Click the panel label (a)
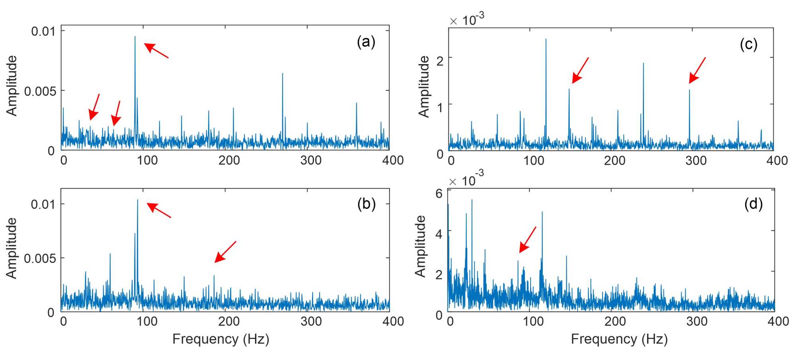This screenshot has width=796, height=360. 366,42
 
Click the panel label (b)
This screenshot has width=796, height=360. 366,204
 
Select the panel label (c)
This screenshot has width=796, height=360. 748,44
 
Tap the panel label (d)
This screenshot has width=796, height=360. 753,204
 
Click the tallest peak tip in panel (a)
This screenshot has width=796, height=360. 135,37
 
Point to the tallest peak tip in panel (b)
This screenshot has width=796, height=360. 138,200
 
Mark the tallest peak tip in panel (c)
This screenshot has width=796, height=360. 546,39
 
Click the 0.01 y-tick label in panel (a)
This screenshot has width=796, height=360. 43,31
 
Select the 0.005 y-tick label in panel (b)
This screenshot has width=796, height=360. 39,259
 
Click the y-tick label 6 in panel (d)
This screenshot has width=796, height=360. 439,193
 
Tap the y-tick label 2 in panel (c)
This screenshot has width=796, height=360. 440,61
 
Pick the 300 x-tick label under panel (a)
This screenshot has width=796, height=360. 310,160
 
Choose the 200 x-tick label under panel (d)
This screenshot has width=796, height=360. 615,321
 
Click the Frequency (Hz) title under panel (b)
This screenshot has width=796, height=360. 221,339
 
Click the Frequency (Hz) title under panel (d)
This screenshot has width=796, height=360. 619,339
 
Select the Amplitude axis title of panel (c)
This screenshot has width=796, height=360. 424,86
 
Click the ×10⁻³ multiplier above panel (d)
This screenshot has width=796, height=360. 466,180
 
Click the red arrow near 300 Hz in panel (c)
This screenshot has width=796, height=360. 697,70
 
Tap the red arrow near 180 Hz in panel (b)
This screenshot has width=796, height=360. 225,252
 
